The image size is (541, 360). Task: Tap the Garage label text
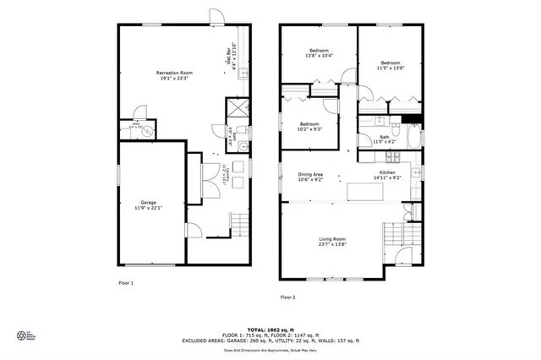pos(150,205)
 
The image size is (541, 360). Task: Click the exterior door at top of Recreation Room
pos(216,16)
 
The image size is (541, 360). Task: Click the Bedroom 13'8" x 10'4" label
pos(317,53)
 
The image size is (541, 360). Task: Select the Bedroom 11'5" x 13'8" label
pos(390,65)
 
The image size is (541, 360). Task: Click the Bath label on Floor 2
pos(385,139)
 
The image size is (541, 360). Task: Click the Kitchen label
pos(390,177)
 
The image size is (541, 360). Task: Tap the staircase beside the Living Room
pos(395,232)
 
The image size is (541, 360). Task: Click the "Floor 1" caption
pos(126,282)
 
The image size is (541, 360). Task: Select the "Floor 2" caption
pos(287,297)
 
